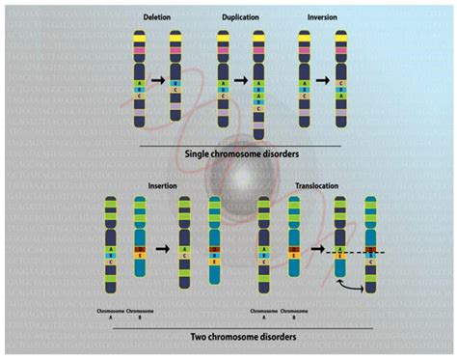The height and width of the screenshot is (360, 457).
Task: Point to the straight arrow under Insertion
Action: pos(164,248)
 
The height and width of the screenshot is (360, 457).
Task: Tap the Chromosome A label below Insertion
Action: pos(114,314)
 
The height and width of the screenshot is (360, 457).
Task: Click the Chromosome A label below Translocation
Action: pos(265,314)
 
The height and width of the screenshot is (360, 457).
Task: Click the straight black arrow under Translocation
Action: pos(318,248)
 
